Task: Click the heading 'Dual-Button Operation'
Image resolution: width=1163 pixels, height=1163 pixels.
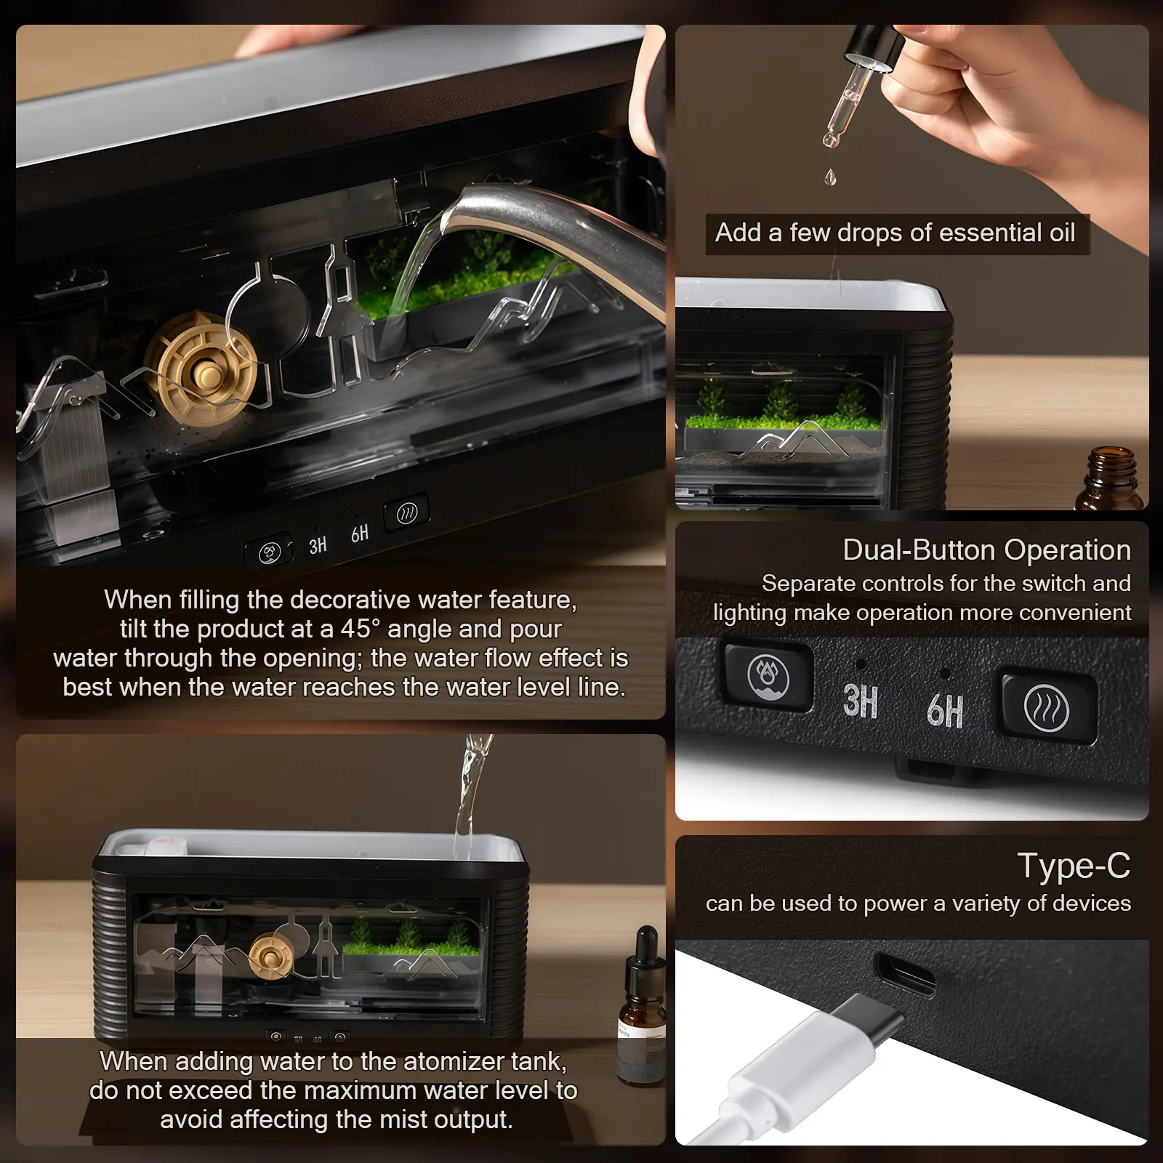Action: point(986,550)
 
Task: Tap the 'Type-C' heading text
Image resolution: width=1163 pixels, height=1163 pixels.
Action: point(1074,865)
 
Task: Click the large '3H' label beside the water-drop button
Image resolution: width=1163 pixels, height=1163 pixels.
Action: point(860,701)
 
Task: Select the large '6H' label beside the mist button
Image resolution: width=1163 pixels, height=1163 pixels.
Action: point(945,710)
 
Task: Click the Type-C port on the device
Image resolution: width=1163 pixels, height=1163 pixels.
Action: point(905,974)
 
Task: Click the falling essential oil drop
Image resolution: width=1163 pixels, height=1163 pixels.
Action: point(830,176)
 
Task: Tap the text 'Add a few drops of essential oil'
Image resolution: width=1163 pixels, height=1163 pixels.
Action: point(896,233)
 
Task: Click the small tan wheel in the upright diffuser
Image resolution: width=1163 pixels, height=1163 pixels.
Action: point(271,955)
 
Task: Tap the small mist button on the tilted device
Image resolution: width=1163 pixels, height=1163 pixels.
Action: point(406,513)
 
